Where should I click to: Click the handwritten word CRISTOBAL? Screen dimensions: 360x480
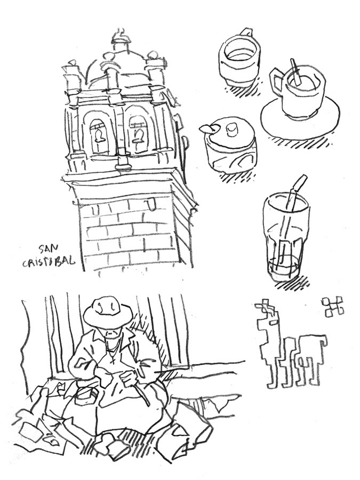49,261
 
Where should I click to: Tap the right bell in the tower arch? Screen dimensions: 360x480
137,134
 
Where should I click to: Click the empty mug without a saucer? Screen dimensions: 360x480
239,59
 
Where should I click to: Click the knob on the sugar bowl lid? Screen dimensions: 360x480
231,130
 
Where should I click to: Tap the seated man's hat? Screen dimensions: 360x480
107,314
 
